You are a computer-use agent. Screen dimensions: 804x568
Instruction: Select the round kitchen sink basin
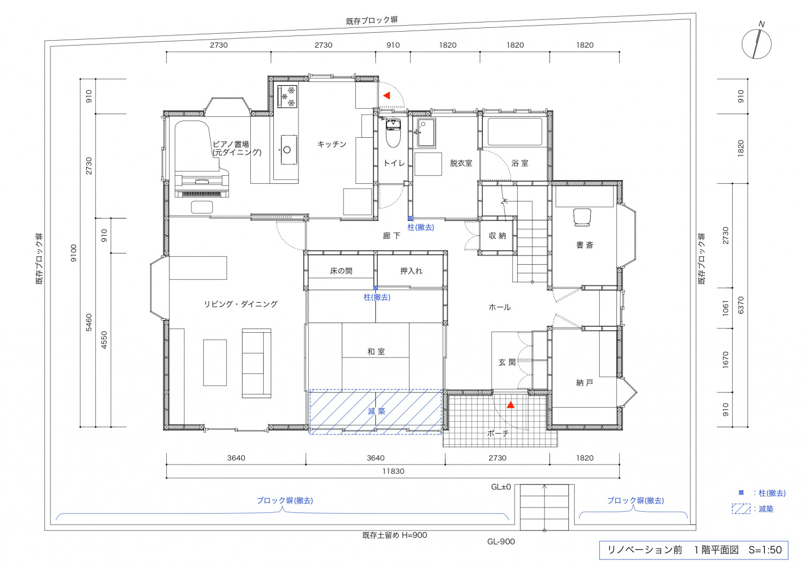point(287,150)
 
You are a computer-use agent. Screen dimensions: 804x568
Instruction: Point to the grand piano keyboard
point(202,194)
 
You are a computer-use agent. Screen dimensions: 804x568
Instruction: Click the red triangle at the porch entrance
point(510,405)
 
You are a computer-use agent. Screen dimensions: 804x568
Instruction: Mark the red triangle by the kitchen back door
point(387,95)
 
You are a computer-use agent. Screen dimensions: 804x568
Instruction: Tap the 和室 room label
point(376,352)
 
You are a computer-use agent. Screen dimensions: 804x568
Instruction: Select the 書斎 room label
point(585,245)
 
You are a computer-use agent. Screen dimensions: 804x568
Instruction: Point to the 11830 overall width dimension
point(393,471)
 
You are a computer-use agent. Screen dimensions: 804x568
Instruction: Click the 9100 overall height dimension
point(73,253)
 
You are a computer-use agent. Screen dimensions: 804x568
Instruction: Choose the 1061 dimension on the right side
point(726,308)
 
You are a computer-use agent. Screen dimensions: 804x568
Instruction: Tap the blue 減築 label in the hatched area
point(376,411)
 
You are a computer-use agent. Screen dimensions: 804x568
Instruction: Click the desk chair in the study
point(582,218)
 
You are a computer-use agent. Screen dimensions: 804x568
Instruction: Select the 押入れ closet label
point(411,271)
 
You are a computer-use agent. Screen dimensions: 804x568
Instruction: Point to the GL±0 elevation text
point(501,487)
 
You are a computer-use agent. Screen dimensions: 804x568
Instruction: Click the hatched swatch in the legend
point(741,509)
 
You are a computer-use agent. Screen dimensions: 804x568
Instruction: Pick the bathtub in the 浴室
point(515,132)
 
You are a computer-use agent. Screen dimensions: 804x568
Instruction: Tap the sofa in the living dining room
point(256,363)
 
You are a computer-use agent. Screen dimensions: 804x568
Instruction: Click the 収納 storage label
point(497,236)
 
